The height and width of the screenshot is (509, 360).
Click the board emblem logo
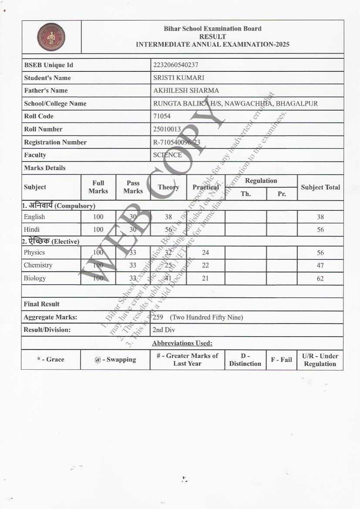click(x=51, y=37)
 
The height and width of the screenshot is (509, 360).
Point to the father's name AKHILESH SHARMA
click(x=186, y=91)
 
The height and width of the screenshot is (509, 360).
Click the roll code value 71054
click(x=162, y=116)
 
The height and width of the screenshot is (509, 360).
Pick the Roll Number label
click(x=43, y=129)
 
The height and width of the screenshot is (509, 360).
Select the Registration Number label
click(x=55, y=142)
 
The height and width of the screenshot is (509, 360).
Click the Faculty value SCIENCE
click(x=168, y=155)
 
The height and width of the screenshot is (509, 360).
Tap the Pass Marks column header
click(x=133, y=187)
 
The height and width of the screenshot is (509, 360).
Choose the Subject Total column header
click(x=320, y=187)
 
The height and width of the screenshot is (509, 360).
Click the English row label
click(x=34, y=217)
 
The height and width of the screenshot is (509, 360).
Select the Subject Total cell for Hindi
click(x=320, y=229)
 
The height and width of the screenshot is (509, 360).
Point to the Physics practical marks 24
click(x=205, y=253)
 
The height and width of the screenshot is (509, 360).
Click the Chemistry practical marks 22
click(x=205, y=265)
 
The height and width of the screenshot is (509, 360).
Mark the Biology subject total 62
click(x=320, y=278)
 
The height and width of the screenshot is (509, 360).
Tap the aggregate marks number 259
click(x=158, y=317)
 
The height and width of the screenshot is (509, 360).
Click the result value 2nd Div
click(x=164, y=330)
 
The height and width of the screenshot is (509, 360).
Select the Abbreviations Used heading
click(x=182, y=343)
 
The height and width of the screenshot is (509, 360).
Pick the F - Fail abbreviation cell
click(x=282, y=360)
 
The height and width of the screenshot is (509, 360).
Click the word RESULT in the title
click(x=212, y=37)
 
